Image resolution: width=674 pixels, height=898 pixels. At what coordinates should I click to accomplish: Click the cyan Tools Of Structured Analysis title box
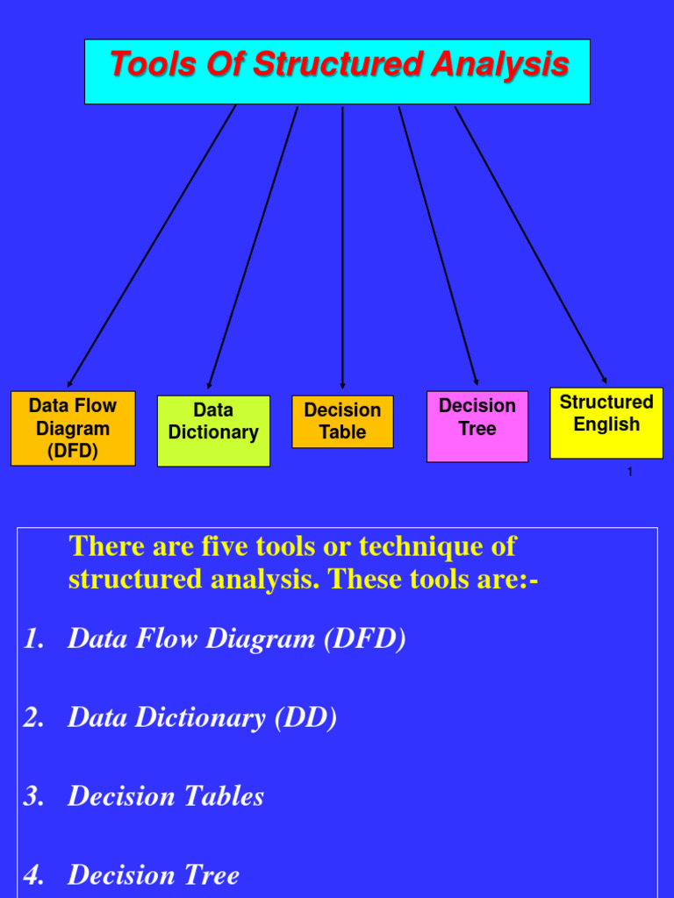[x=337, y=72]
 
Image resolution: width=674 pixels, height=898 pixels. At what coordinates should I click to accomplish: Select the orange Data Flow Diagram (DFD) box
[x=73, y=428]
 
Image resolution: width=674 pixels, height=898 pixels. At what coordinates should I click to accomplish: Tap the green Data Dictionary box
[x=213, y=431]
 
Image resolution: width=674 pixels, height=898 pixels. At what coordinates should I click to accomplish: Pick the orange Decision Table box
[x=342, y=422]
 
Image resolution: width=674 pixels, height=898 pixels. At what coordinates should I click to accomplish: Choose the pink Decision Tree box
[x=477, y=426]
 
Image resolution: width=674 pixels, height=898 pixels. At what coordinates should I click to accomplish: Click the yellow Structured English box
[x=606, y=423]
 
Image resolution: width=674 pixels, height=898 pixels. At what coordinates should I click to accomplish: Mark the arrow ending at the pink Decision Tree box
[x=438, y=246]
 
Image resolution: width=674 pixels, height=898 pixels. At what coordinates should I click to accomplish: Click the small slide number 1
[x=630, y=472]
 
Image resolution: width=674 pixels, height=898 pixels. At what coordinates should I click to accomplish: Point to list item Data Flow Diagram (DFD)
[x=237, y=639]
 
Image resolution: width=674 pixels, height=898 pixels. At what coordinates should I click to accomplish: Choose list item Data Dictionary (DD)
[x=202, y=718]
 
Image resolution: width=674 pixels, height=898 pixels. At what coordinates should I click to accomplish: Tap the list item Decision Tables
[x=166, y=796]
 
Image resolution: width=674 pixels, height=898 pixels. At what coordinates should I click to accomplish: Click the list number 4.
[x=32, y=875]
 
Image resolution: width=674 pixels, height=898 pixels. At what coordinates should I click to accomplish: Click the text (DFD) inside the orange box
[x=73, y=452]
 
